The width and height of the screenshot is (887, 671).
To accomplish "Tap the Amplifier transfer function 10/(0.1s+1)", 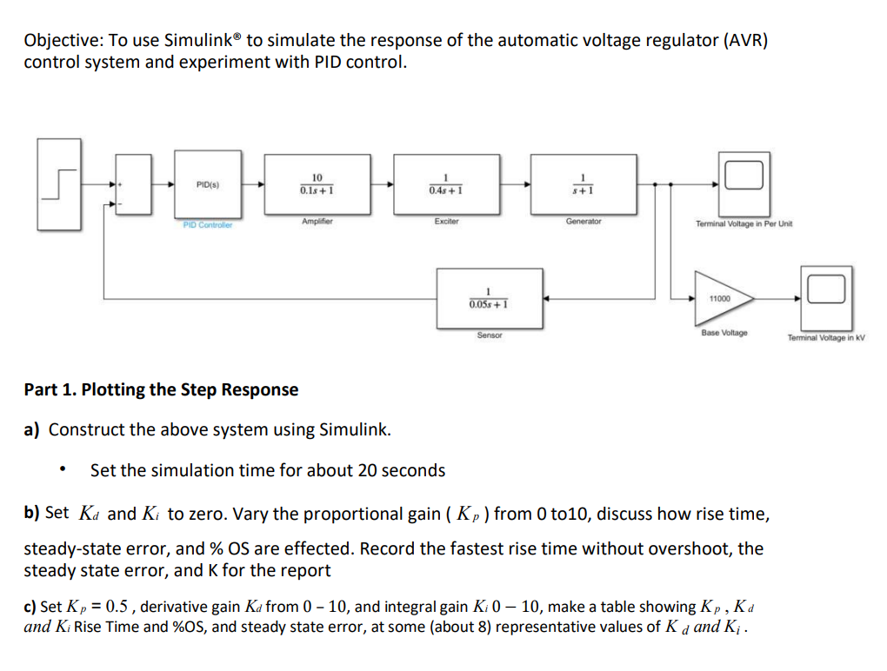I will (x=317, y=184).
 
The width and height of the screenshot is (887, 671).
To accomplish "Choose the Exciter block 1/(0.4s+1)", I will (x=445, y=184).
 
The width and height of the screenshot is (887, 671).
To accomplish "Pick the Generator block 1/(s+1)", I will (x=583, y=184).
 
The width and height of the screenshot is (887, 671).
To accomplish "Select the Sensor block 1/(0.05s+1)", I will (x=490, y=298).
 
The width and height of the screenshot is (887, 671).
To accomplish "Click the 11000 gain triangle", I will (x=721, y=298).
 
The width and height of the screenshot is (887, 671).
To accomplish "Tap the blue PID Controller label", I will (x=208, y=225).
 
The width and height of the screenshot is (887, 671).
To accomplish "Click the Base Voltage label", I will (x=724, y=334).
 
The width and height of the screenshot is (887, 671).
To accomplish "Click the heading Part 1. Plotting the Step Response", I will (x=161, y=389).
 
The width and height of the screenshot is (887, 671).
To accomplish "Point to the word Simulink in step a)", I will (x=354, y=429).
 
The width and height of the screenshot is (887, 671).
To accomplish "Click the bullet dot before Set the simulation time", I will (x=62, y=471).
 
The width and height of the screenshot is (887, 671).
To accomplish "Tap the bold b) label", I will (x=32, y=513).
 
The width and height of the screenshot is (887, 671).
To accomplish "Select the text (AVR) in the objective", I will (x=744, y=41).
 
